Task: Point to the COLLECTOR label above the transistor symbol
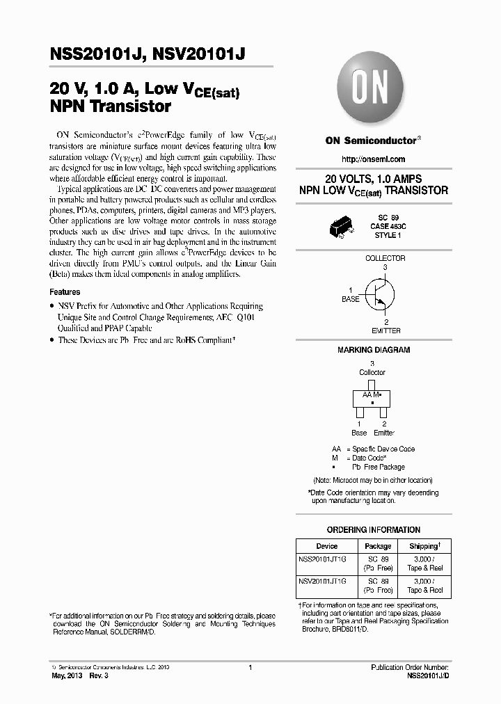pos(385,258)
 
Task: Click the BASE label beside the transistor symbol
pos(351,299)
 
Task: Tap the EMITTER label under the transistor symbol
pos(385,331)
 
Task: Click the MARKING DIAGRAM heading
pos(374,350)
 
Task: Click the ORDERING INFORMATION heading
pos(374,529)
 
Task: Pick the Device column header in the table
pos(326,546)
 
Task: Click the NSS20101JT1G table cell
pos(326,559)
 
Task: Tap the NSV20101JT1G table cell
pos(326,580)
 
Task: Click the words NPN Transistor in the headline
pos(110,107)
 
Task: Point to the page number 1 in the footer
pos(249,667)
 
